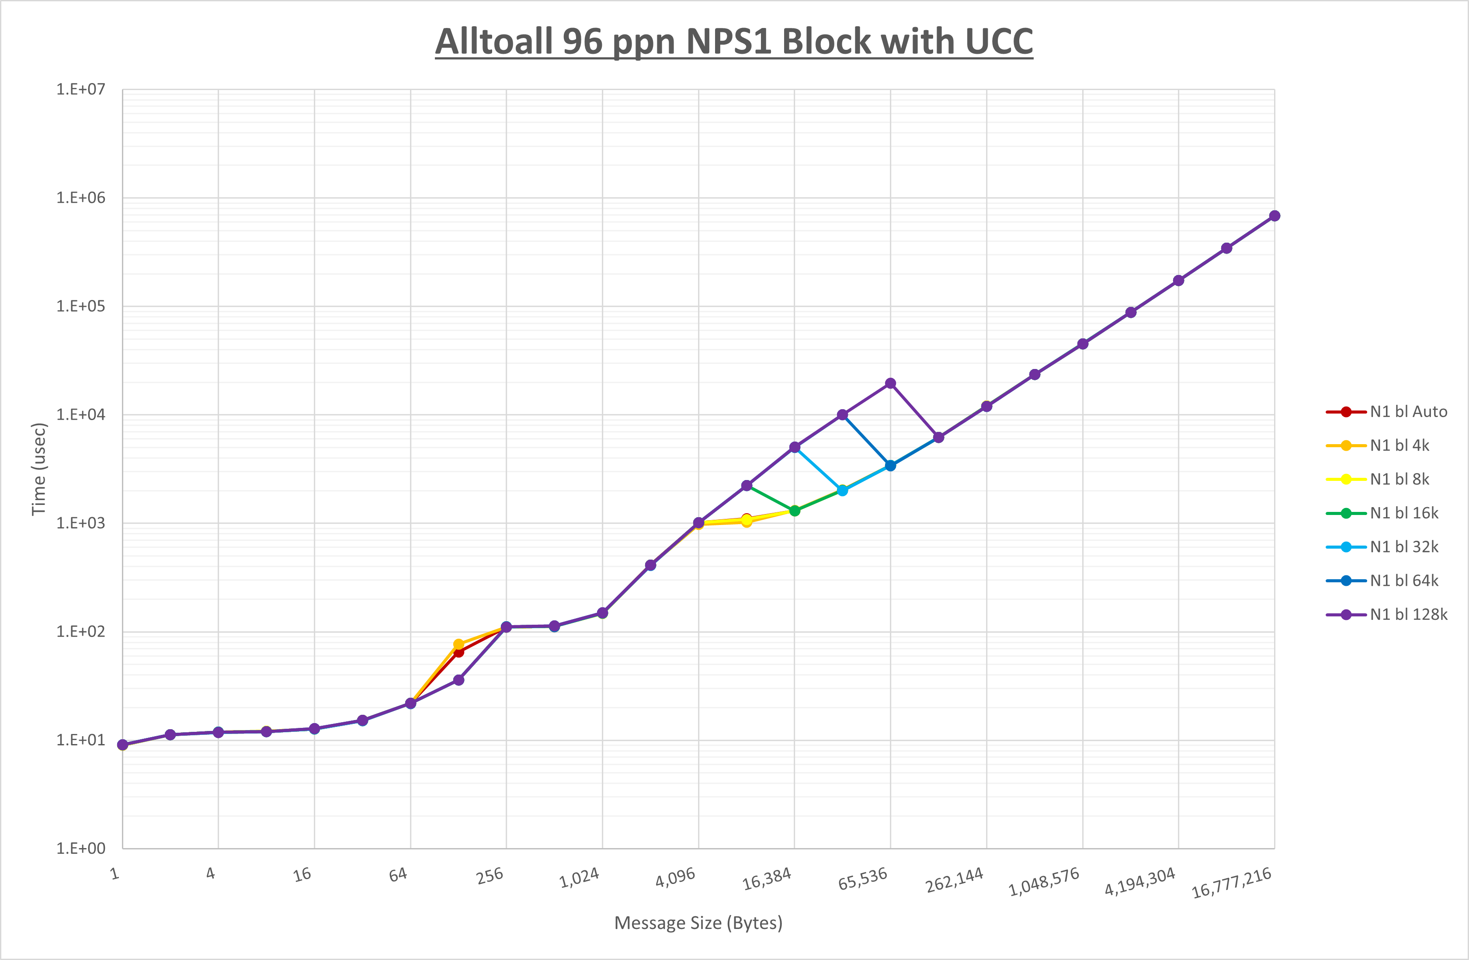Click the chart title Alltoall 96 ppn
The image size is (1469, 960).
(734, 42)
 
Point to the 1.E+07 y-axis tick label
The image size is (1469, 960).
(81, 90)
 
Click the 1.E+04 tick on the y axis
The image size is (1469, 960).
(81, 415)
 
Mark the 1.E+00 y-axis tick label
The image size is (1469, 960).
(81, 848)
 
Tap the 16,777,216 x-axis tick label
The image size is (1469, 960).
(1231, 882)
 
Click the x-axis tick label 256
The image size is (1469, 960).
(490, 876)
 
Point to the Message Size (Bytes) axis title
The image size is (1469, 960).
(698, 923)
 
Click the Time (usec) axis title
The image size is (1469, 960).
(38, 469)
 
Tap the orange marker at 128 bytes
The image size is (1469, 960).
(458, 644)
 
